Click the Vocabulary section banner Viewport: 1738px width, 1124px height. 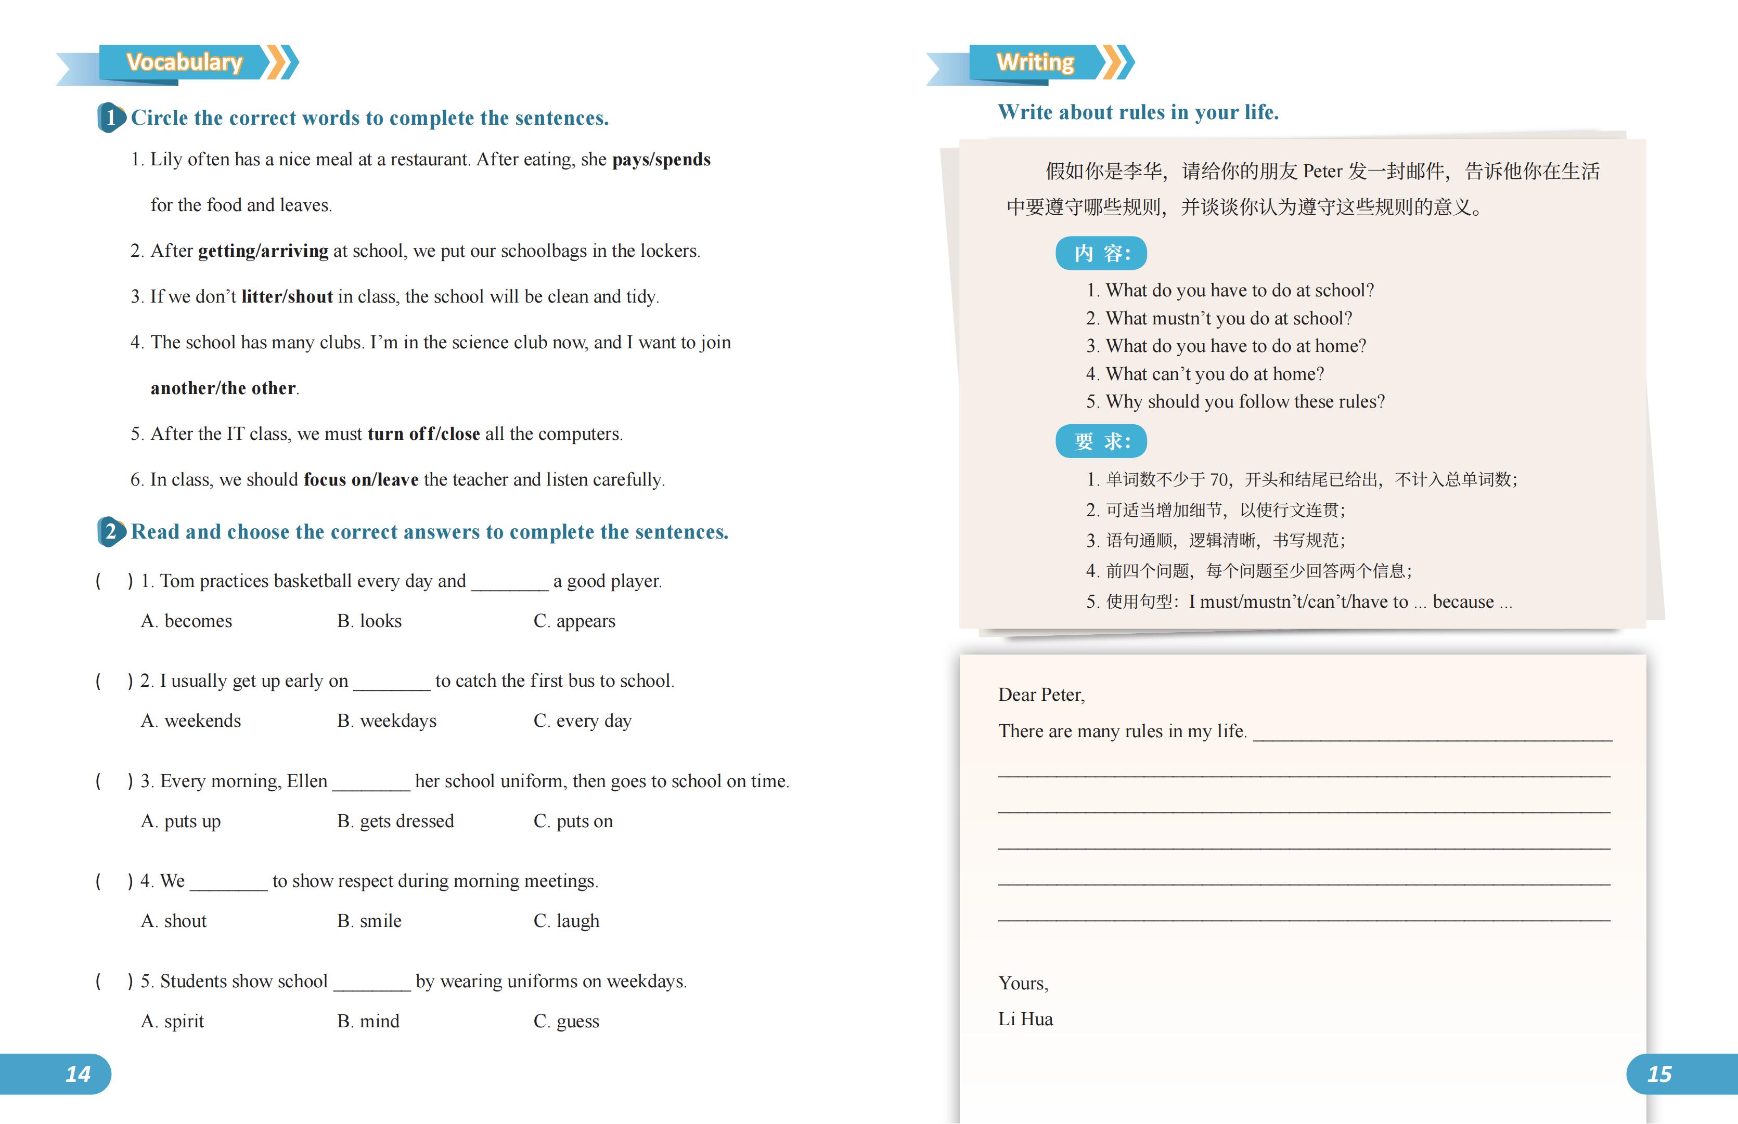tap(184, 62)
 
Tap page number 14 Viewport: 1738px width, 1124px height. tap(78, 1074)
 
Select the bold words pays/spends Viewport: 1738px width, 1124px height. tap(661, 159)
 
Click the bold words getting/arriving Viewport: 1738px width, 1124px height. tap(263, 251)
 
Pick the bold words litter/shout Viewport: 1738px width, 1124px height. tap(287, 296)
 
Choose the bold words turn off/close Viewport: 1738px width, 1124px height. tap(423, 434)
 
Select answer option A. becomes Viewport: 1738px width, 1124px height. tap(187, 621)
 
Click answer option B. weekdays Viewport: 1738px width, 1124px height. tap(387, 721)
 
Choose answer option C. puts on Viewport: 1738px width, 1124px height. tap(573, 821)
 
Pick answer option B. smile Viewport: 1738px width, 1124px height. tap(369, 921)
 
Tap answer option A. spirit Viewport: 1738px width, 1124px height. tap(173, 1021)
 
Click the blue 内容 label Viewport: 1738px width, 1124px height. tap(1100, 253)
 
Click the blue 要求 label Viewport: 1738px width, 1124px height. tap(1100, 441)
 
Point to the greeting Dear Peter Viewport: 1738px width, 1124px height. tap(1041, 695)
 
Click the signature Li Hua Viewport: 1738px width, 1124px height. tap(1025, 1020)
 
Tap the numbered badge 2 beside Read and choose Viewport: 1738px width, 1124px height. tap(110, 531)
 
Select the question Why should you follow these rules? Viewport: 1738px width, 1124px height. tap(1244, 401)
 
